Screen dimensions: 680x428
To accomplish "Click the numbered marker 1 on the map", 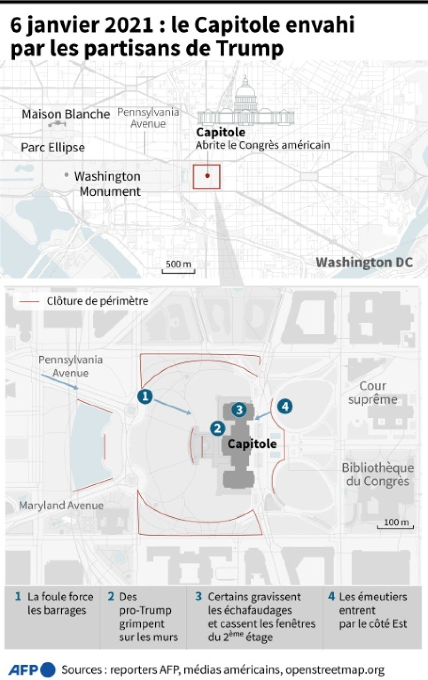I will [145, 396].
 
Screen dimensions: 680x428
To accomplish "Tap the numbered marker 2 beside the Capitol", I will [217, 428].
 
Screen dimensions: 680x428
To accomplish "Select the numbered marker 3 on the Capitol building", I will [240, 410].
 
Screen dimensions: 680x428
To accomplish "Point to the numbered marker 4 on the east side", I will [285, 406].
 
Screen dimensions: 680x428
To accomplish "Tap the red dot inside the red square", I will [207, 176].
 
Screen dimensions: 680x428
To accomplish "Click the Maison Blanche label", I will [66, 114].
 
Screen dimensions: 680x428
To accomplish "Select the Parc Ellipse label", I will [53, 147].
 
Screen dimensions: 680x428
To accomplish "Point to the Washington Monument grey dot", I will [66, 175].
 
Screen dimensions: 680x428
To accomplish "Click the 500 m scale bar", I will [178, 271].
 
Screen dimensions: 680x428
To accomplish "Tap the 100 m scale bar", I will [395, 527].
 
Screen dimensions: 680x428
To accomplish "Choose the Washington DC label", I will [364, 262].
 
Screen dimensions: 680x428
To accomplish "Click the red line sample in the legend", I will [29, 301].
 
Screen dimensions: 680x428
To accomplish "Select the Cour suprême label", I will [373, 393].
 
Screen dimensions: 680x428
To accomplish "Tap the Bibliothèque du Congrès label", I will [378, 475].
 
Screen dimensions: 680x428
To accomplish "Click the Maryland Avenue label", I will [62, 506].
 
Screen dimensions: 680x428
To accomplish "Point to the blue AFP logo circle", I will [48, 670].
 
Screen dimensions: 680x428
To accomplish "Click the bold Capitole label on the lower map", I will [252, 444].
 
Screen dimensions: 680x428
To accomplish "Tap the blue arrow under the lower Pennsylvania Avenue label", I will [59, 382].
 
